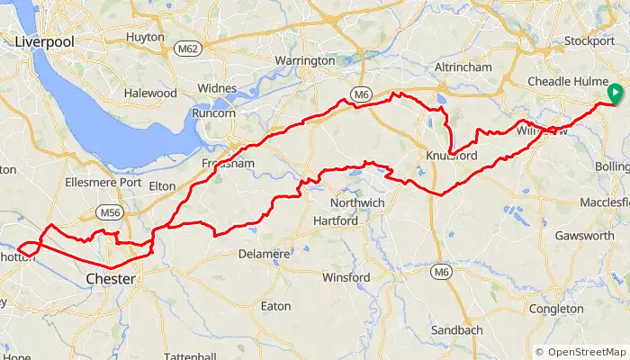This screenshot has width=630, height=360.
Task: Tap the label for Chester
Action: (x=110, y=280)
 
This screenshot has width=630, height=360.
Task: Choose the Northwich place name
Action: (x=357, y=203)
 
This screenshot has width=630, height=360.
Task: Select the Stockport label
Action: (x=588, y=40)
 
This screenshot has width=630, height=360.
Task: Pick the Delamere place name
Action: (x=264, y=254)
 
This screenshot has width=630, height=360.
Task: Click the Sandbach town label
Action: (x=459, y=330)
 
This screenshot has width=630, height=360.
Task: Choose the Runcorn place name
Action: (x=213, y=114)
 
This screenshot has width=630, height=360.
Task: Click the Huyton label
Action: (x=147, y=37)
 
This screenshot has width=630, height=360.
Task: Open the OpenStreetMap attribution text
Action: (x=581, y=351)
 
